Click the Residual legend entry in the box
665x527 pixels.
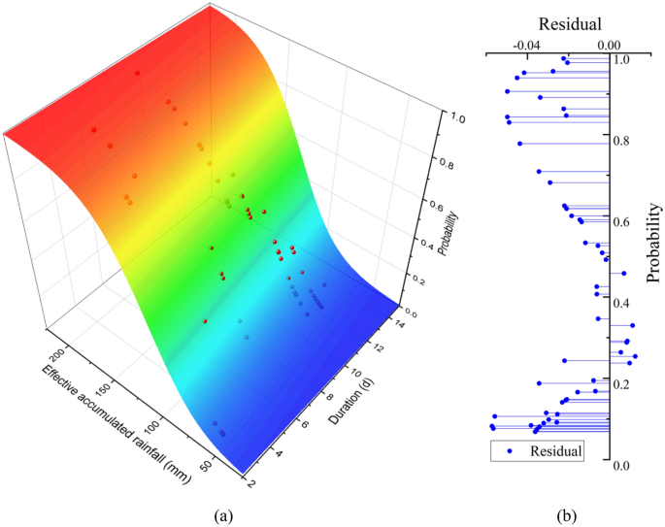tap(556, 451)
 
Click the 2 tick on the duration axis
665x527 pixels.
tap(253, 480)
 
